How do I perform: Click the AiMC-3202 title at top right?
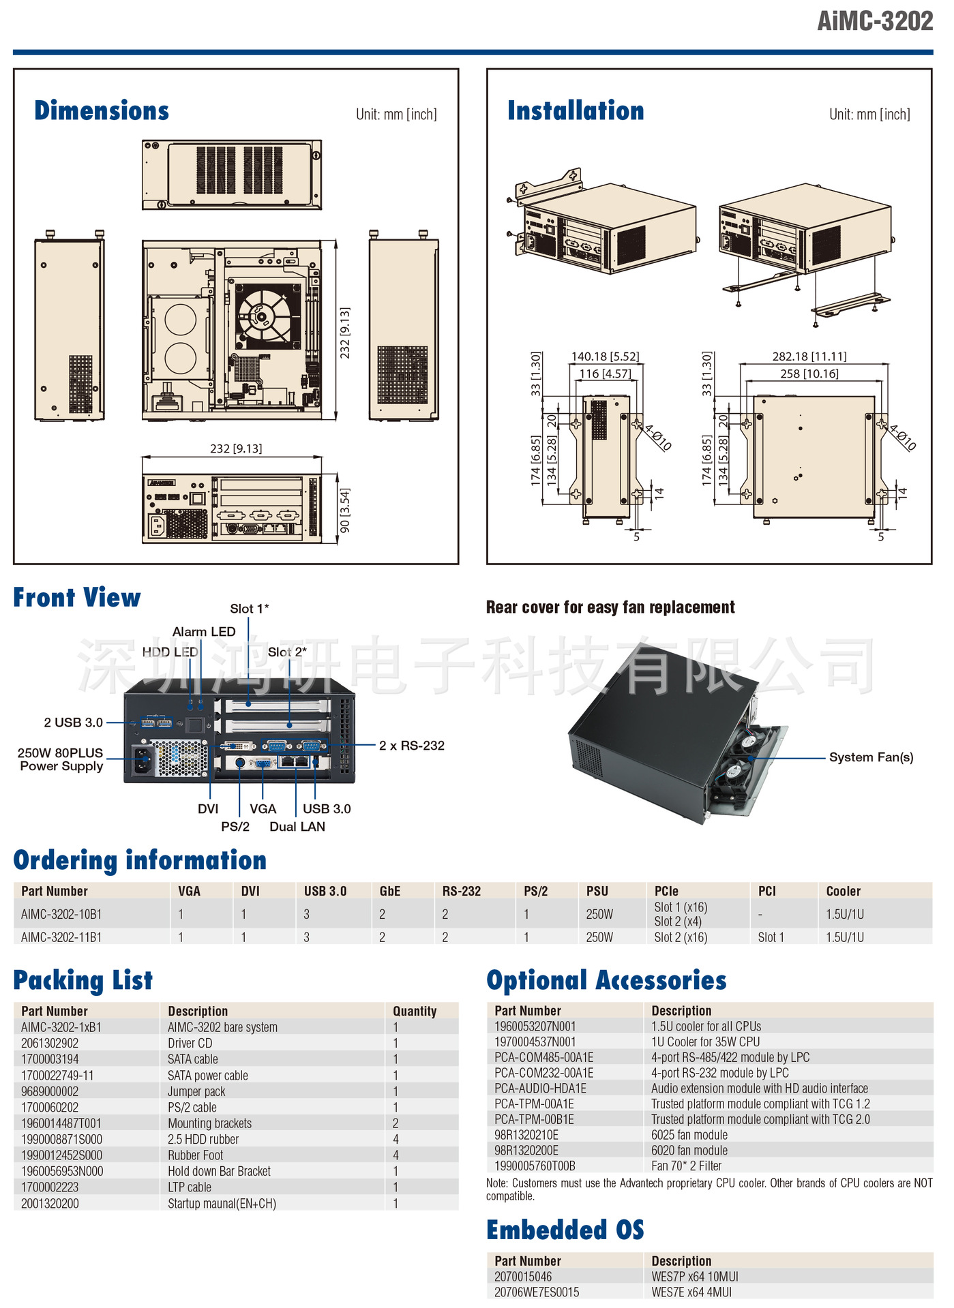[874, 21]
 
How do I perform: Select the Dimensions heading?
[102, 111]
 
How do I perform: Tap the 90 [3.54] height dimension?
[345, 510]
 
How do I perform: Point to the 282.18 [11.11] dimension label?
[809, 356]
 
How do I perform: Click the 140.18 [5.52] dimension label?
[605, 356]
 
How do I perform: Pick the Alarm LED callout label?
[204, 632]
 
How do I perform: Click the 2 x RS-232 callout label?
[411, 746]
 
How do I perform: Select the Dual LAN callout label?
[297, 827]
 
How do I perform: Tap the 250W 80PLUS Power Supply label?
[61, 759]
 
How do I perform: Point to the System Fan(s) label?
[871, 757]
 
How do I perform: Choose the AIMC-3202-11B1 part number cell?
[61, 937]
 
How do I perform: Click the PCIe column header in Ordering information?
[666, 891]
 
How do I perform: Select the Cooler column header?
[844, 891]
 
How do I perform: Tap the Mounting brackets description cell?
[210, 1123]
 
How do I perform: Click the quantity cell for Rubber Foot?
[396, 1155]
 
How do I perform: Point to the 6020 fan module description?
[689, 1151]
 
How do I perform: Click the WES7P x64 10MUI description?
[695, 1277]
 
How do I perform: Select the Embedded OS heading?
[565, 1230]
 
